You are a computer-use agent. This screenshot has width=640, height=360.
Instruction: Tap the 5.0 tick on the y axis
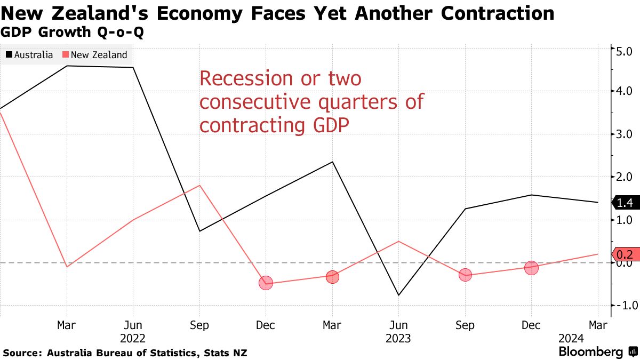tap(625, 52)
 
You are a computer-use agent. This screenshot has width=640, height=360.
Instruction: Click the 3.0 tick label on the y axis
tap(625, 134)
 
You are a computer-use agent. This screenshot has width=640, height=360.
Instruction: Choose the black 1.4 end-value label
tap(624, 203)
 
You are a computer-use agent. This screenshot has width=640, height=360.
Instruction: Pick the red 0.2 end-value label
tap(624, 254)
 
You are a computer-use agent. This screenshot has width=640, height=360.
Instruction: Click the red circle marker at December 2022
tap(266, 283)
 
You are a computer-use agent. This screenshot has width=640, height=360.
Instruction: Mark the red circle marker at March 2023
tap(332, 277)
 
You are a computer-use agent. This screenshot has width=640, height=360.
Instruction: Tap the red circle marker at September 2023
tap(465, 275)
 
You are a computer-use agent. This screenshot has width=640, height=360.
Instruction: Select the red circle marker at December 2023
tap(531, 268)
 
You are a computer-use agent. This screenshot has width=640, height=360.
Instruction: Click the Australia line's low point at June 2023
tap(398, 295)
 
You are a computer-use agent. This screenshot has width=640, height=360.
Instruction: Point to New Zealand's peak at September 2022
tap(199, 185)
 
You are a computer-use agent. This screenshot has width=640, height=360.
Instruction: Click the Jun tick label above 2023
tap(398, 325)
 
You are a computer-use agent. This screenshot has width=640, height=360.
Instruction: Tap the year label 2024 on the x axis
tap(572, 338)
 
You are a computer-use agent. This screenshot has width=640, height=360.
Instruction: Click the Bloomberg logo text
tap(590, 352)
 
